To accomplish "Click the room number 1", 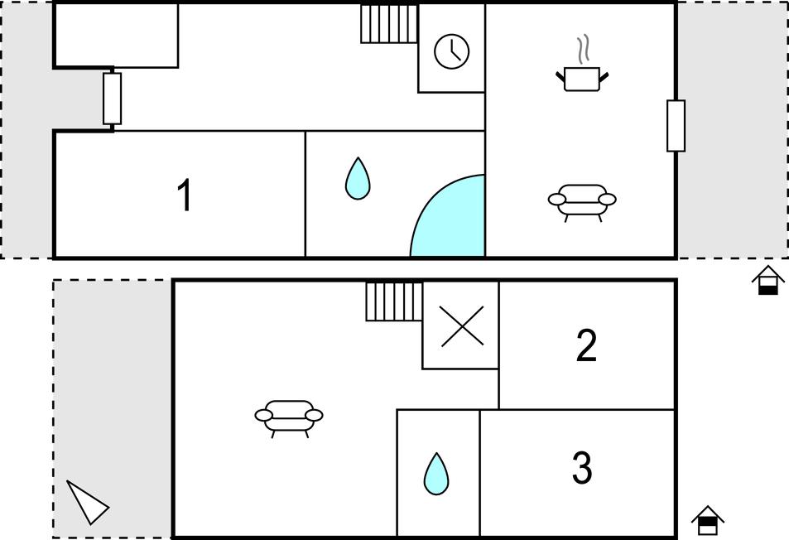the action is [x=185, y=195].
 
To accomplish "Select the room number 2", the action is [x=586, y=345].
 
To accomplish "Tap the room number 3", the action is [x=582, y=468].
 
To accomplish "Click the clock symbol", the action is [x=452, y=51].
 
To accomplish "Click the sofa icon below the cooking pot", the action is [x=582, y=200].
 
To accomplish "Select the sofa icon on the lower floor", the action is [x=289, y=417].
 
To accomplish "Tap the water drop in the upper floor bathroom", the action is [x=358, y=178].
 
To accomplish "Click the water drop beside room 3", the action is [x=436, y=474].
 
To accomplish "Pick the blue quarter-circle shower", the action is [x=447, y=215].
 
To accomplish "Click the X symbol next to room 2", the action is [x=462, y=326].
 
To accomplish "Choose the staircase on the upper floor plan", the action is [x=389, y=24].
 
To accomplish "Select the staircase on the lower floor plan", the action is [x=394, y=301].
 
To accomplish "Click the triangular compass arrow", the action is [x=87, y=502].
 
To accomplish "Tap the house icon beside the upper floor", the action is [x=767, y=280].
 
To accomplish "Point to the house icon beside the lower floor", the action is [x=708, y=520].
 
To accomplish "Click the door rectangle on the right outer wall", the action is [x=676, y=126].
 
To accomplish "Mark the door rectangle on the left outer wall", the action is [x=113, y=99].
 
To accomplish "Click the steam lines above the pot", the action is [x=583, y=49].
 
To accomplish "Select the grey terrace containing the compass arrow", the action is [x=113, y=408].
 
